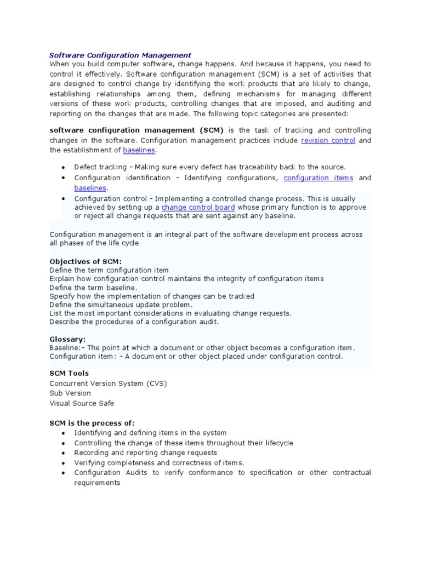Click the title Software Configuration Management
click(120, 55)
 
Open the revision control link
click(328, 141)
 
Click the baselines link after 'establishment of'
click(139, 150)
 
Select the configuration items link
click(318, 178)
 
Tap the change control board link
click(198, 208)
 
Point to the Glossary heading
click(67, 339)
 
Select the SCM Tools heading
click(69, 374)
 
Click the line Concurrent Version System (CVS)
click(108, 383)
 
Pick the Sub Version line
click(70, 393)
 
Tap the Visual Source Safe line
click(82, 403)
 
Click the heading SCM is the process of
click(92, 423)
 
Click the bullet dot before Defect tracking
click(64, 167)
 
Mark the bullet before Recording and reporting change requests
click(64, 453)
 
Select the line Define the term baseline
click(94, 288)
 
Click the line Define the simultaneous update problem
click(121, 305)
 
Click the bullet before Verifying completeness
click(64, 463)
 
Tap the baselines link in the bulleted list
click(90, 188)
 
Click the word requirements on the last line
click(97, 483)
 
